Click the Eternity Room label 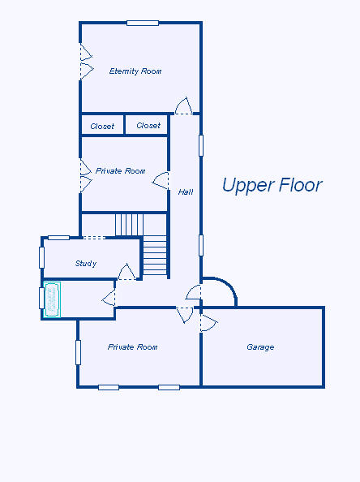pyautogui.click(x=135, y=71)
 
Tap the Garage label pyautogui.click(x=260, y=347)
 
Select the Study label pyautogui.click(x=86, y=264)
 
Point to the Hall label pyautogui.click(x=186, y=192)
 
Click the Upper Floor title pyautogui.click(x=272, y=185)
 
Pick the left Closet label pyautogui.click(x=102, y=127)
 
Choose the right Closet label pyautogui.click(x=148, y=126)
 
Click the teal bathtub pyautogui.click(x=52, y=299)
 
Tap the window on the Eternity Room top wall pyautogui.click(x=143, y=23)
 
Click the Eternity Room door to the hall pyautogui.click(x=184, y=106)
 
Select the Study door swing pyautogui.click(x=127, y=272)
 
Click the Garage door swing pyautogui.click(x=209, y=323)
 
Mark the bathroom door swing pyautogui.click(x=109, y=298)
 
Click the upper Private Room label pyautogui.click(x=121, y=171)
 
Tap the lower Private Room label pyautogui.click(x=133, y=347)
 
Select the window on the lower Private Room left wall pyautogui.click(x=79, y=352)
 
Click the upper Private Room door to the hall pyautogui.click(x=161, y=181)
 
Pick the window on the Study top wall pyautogui.click(x=58, y=237)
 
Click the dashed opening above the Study pyautogui.click(x=94, y=237)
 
